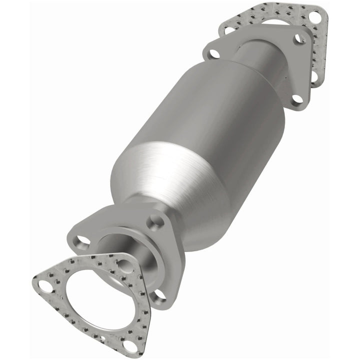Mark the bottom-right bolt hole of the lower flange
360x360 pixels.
159,295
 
